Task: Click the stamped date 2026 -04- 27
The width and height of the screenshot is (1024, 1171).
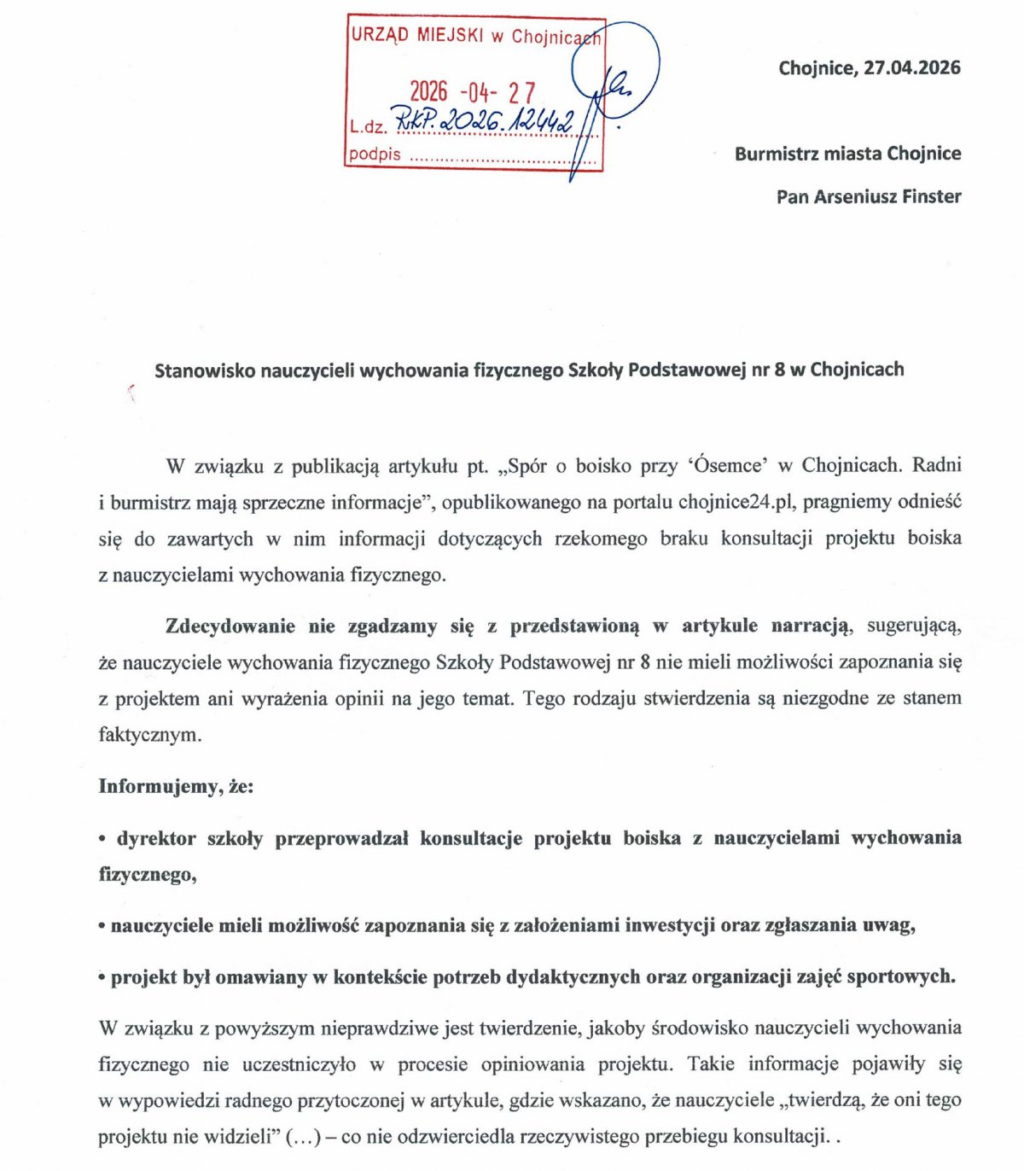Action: coord(472,92)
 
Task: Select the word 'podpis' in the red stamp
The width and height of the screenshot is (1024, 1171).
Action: coord(375,154)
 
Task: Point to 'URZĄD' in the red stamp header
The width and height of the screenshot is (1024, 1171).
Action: coord(380,35)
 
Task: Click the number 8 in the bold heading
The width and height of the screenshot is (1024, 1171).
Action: coord(780,370)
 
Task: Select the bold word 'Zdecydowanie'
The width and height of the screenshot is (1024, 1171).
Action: coord(230,626)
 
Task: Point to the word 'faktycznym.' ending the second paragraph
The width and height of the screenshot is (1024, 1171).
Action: coord(150,734)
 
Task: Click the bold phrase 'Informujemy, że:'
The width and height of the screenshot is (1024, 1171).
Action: coord(176,785)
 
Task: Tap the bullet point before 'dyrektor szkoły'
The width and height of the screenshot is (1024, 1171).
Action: coord(102,839)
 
